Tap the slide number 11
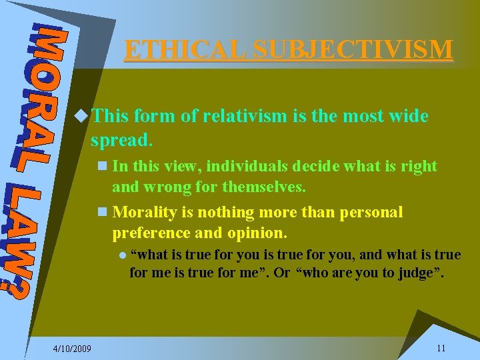coord(441,348)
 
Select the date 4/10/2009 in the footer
coord(73,349)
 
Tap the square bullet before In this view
coord(101,166)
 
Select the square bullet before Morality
coord(101,213)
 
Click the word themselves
coord(266,187)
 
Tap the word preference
coord(150,233)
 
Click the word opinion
coord(255,233)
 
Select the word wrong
coord(165,187)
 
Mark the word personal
coord(371,213)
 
